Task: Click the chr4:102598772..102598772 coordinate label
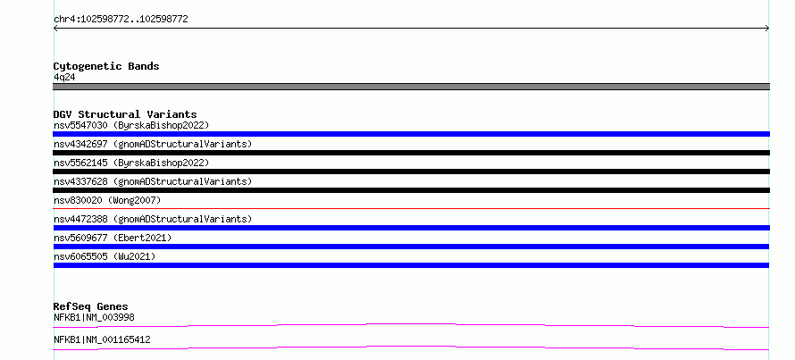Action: [x=121, y=20]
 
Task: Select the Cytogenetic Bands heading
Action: [x=106, y=66]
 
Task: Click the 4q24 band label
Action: [x=65, y=77]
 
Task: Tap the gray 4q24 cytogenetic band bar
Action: [x=411, y=87]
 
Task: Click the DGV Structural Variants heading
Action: [x=125, y=114]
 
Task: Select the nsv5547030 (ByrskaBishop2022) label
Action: [x=131, y=125]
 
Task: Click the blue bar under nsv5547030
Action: [x=411, y=134]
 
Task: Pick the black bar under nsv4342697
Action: [x=411, y=153]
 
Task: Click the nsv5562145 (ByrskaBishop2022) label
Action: [x=131, y=163]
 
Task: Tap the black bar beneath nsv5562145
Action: [x=411, y=172]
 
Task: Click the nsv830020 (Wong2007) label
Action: [x=107, y=200]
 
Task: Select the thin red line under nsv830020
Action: [x=411, y=208]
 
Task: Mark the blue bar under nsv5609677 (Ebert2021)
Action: [x=411, y=247]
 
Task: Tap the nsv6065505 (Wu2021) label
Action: [x=105, y=256]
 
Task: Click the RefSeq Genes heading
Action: [x=91, y=306]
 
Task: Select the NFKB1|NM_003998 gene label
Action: [x=94, y=317]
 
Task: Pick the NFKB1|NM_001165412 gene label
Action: [x=102, y=339]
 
